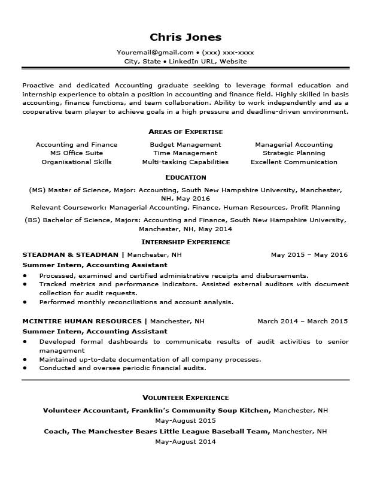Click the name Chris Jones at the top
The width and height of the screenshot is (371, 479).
coord(185,37)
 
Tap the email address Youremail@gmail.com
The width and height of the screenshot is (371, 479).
coord(155,52)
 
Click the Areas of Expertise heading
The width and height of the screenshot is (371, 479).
coord(185,132)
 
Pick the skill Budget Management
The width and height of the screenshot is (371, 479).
coord(185,144)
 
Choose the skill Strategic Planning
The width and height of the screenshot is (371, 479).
coord(294,153)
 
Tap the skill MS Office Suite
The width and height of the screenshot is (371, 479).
coord(77,153)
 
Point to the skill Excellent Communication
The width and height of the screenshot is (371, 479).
coord(294,162)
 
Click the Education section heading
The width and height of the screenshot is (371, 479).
coord(185,177)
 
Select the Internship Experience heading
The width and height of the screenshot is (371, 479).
coord(185,242)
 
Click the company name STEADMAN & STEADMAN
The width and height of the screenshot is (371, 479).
coord(71,254)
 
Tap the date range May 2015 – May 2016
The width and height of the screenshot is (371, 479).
coord(309,254)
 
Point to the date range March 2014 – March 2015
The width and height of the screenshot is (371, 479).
coord(302,321)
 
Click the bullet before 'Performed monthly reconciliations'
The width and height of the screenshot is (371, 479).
coord(25,302)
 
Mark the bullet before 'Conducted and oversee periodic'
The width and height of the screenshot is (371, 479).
coord(25,368)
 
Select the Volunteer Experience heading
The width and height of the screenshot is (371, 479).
coord(185,398)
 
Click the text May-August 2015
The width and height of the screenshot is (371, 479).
coord(185,420)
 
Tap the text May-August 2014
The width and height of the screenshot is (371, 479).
coord(185,441)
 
